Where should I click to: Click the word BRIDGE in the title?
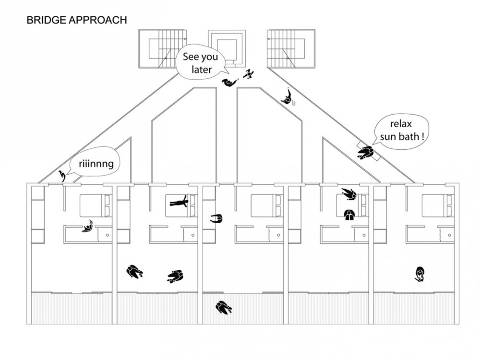[x=46, y=20]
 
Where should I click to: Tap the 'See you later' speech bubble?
[x=201, y=63]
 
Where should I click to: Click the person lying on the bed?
[x=179, y=202]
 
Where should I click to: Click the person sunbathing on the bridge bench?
[x=366, y=152]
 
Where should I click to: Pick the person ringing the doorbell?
[x=62, y=175]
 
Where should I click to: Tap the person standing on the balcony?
[x=224, y=308]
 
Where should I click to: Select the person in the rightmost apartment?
[x=420, y=274]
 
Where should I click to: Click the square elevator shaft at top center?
[x=227, y=48]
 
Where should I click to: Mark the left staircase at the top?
[x=163, y=48]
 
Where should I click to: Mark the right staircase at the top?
[x=291, y=48]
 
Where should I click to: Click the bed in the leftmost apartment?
[x=95, y=206]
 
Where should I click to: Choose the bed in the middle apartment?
[x=266, y=206]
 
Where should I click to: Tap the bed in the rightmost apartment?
[x=437, y=206]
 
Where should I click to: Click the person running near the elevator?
[x=248, y=74]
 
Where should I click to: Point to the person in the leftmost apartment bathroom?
[x=88, y=227]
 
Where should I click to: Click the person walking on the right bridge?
[x=287, y=97]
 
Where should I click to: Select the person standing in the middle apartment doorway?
[x=216, y=218]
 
